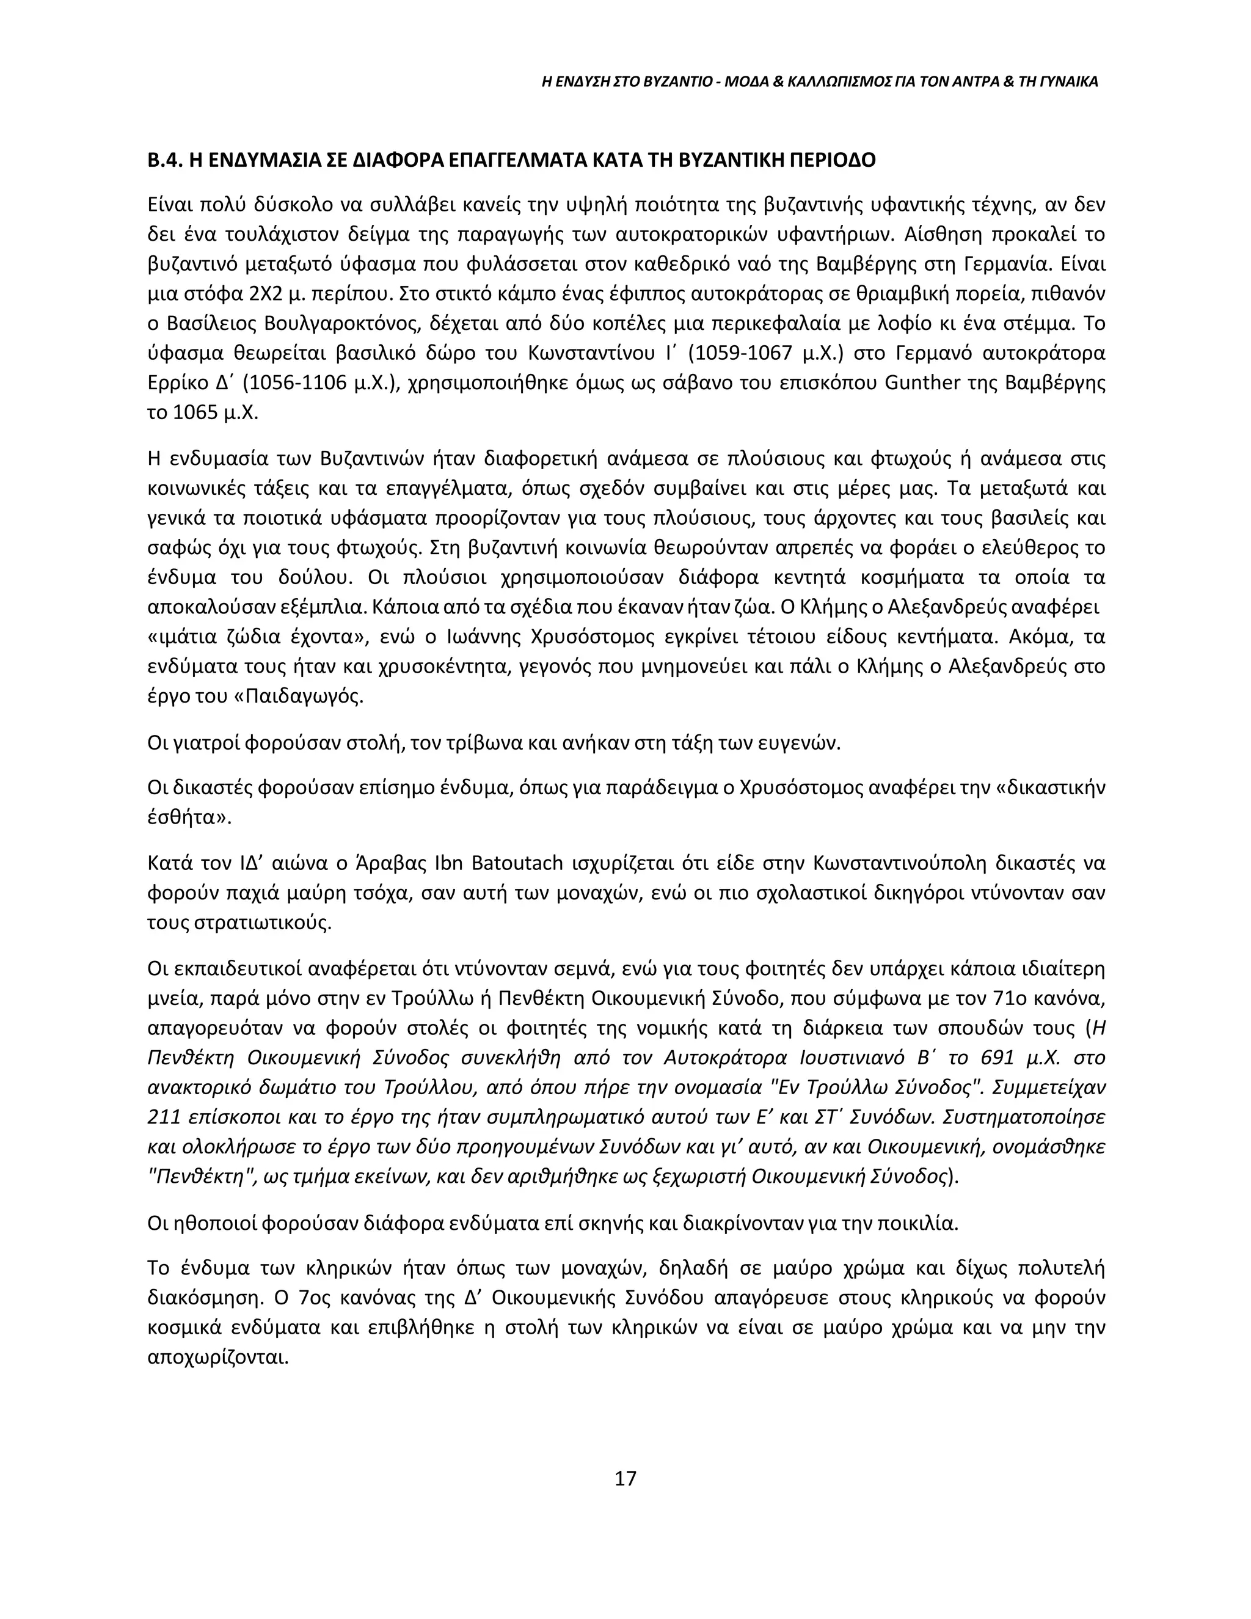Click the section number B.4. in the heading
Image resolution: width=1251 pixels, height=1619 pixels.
coord(164,161)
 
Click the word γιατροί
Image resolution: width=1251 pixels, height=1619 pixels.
coord(205,743)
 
